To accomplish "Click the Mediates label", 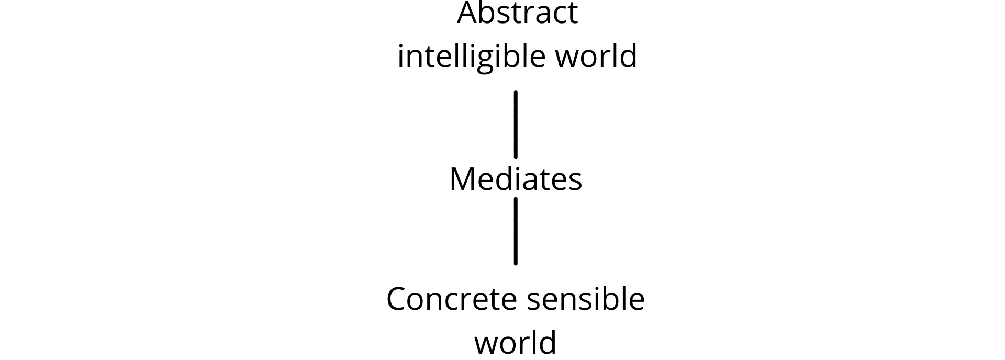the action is click(516, 179).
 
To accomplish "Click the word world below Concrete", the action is click(515, 342).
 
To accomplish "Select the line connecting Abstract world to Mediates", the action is click(516, 124).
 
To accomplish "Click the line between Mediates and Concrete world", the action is click(516, 231).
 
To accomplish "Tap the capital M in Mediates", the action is click(462, 179).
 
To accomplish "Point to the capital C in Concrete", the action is click(397, 299).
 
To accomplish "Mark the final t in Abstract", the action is click(572, 15).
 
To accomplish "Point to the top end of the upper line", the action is click(516, 92).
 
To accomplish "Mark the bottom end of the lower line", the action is click(516, 264).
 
